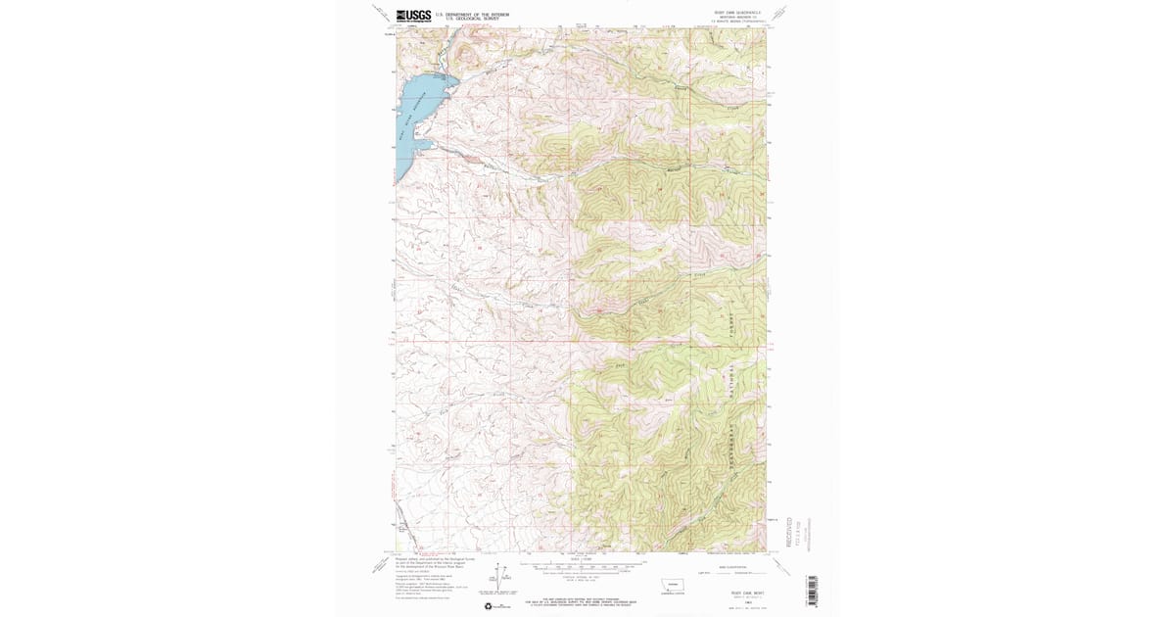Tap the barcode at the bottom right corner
(x=811, y=591)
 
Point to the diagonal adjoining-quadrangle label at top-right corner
(x=778, y=13)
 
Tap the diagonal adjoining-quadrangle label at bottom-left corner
(x=381, y=565)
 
